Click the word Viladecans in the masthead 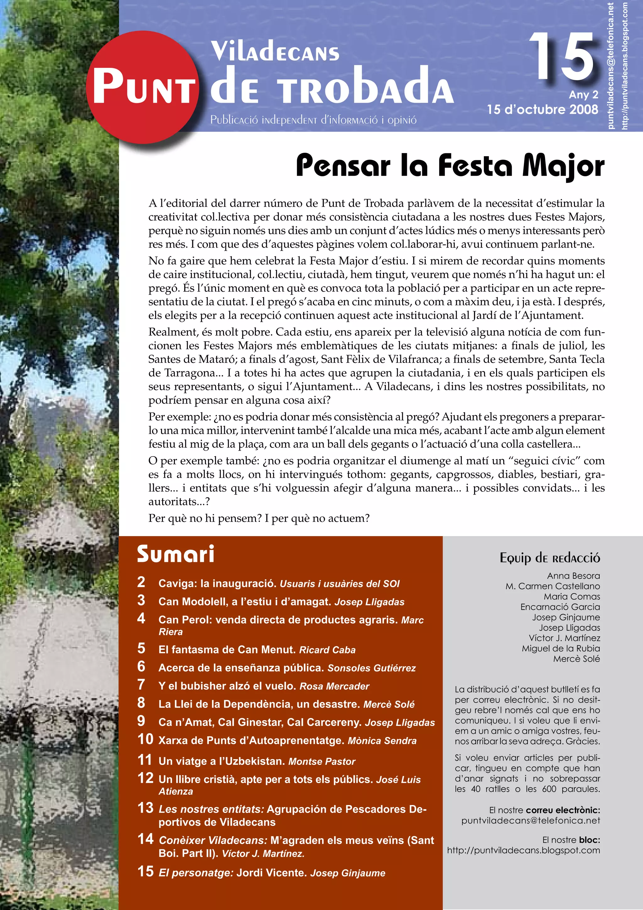275,52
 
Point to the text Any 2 583,95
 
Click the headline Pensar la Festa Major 450,166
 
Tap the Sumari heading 176,554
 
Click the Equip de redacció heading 549,558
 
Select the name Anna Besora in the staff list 573,576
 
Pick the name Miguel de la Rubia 561,649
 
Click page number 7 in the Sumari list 141,684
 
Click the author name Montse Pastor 321,761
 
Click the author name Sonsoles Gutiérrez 371,668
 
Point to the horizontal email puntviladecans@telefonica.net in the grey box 531,820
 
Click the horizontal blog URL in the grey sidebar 523,850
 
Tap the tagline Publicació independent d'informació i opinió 313,120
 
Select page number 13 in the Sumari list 145,808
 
